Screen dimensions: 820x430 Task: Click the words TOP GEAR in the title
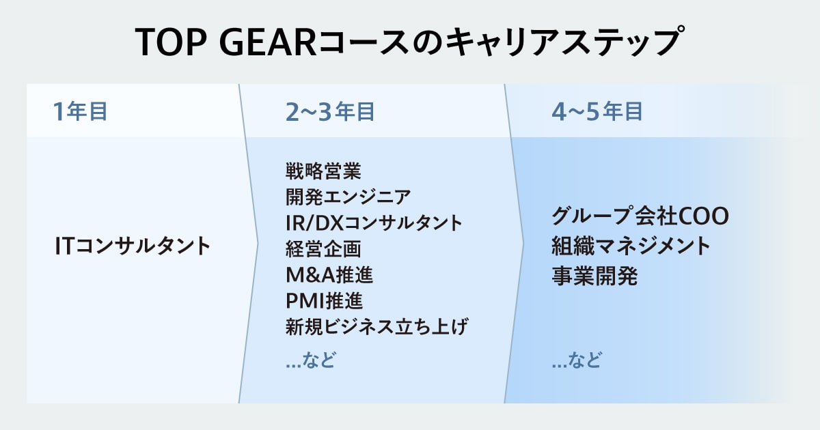(225, 42)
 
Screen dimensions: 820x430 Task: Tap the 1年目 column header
(81, 111)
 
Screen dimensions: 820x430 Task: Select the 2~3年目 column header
(330, 111)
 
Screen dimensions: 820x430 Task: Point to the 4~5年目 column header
(597, 111)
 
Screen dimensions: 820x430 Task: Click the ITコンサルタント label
(133, 245)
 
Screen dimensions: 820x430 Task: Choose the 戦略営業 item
(323, 171)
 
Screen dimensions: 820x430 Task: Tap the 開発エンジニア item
(348, 197)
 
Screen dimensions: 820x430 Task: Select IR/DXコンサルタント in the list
(374, 223)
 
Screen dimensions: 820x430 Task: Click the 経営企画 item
(323, 248)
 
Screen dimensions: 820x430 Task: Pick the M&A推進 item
(329, 274)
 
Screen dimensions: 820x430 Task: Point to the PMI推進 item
(324, 300)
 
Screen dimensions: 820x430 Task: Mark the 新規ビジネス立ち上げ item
(377, 326)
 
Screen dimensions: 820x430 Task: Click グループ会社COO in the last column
(640, 216)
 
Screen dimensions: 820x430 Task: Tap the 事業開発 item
(594, 276)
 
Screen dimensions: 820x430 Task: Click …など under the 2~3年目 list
(310, 360)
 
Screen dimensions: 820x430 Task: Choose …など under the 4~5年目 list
(577, 360)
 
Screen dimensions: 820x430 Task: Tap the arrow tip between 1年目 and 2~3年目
(258, 244)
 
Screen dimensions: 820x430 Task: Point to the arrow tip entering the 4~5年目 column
(523, 244)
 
